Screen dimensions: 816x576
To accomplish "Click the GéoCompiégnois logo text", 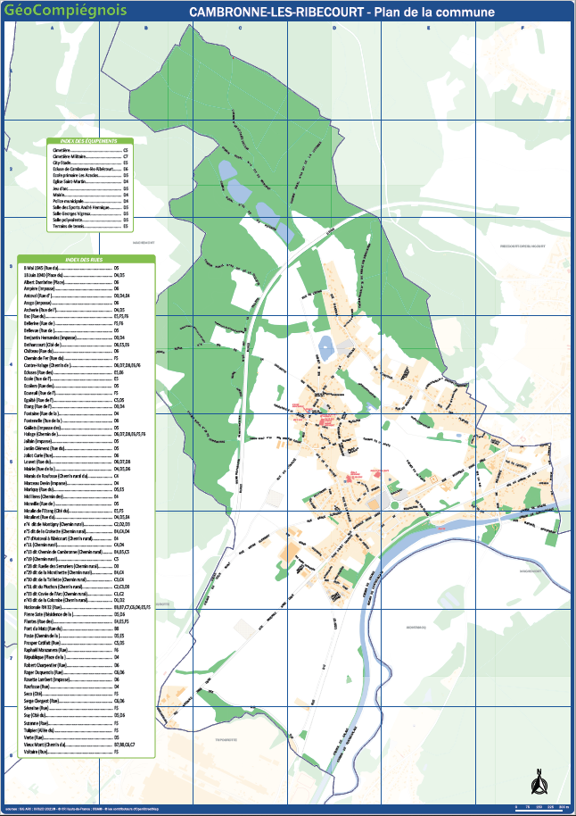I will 65,11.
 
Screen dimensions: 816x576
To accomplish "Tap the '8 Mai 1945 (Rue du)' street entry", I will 41,268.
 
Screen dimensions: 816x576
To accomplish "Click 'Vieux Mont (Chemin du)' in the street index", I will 45,744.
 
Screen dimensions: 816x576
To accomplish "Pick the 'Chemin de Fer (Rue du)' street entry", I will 44,358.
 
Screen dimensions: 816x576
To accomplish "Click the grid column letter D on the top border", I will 334,29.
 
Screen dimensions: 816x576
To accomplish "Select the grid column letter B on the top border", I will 145,29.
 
